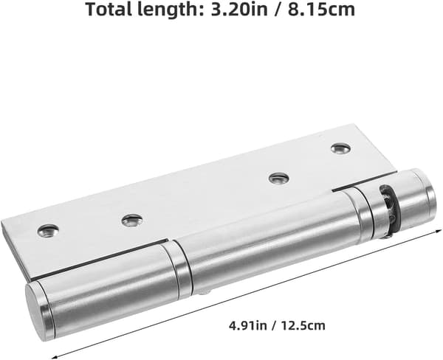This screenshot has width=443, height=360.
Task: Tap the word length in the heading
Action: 168,10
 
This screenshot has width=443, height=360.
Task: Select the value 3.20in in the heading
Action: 239,9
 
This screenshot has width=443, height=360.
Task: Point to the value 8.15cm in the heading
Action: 321,9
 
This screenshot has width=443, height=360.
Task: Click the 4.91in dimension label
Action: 248,325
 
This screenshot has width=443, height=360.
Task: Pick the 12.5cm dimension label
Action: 303,325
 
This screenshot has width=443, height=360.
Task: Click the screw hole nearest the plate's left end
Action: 48,231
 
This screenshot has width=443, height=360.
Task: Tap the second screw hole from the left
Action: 132,221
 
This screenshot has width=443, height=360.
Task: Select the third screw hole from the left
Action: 278,179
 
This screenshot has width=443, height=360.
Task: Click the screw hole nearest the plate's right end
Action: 340,148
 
